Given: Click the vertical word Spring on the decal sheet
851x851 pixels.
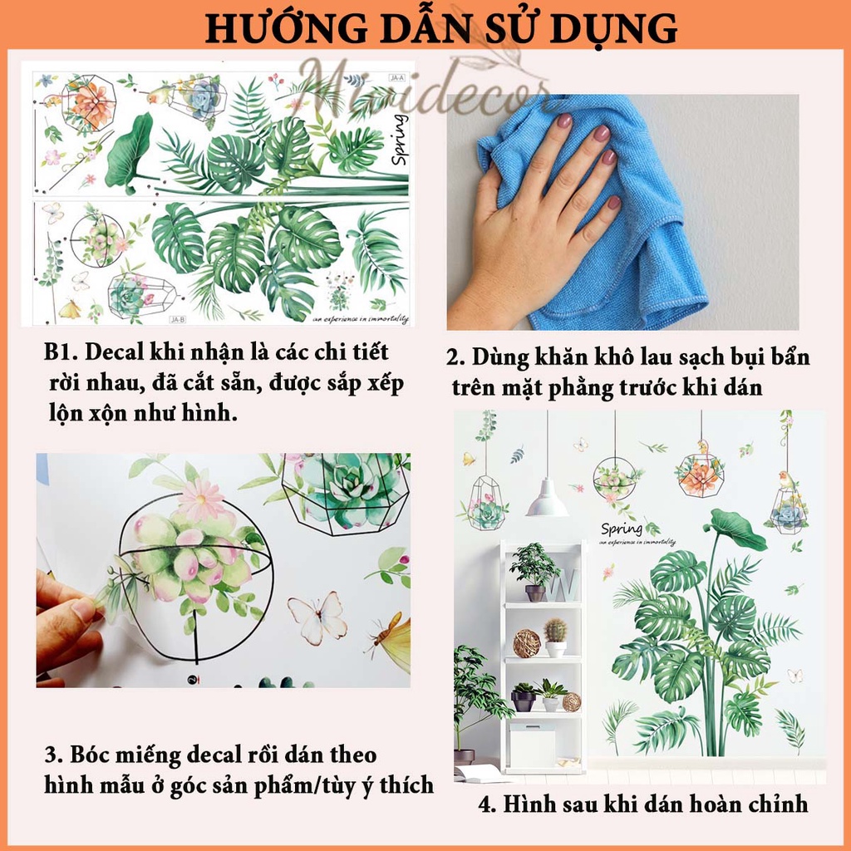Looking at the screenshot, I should click(399, 140).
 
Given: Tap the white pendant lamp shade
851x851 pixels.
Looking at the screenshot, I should click(547, 498).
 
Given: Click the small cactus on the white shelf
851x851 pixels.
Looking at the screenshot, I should click(555, 632).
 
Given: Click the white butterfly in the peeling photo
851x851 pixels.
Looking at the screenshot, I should click(317, 617).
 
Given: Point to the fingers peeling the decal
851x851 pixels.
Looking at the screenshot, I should click(71, 619).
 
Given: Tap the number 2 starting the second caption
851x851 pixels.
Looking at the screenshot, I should click(454, 358).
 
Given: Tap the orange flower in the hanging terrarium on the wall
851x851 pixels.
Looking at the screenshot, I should click(700, 475).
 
